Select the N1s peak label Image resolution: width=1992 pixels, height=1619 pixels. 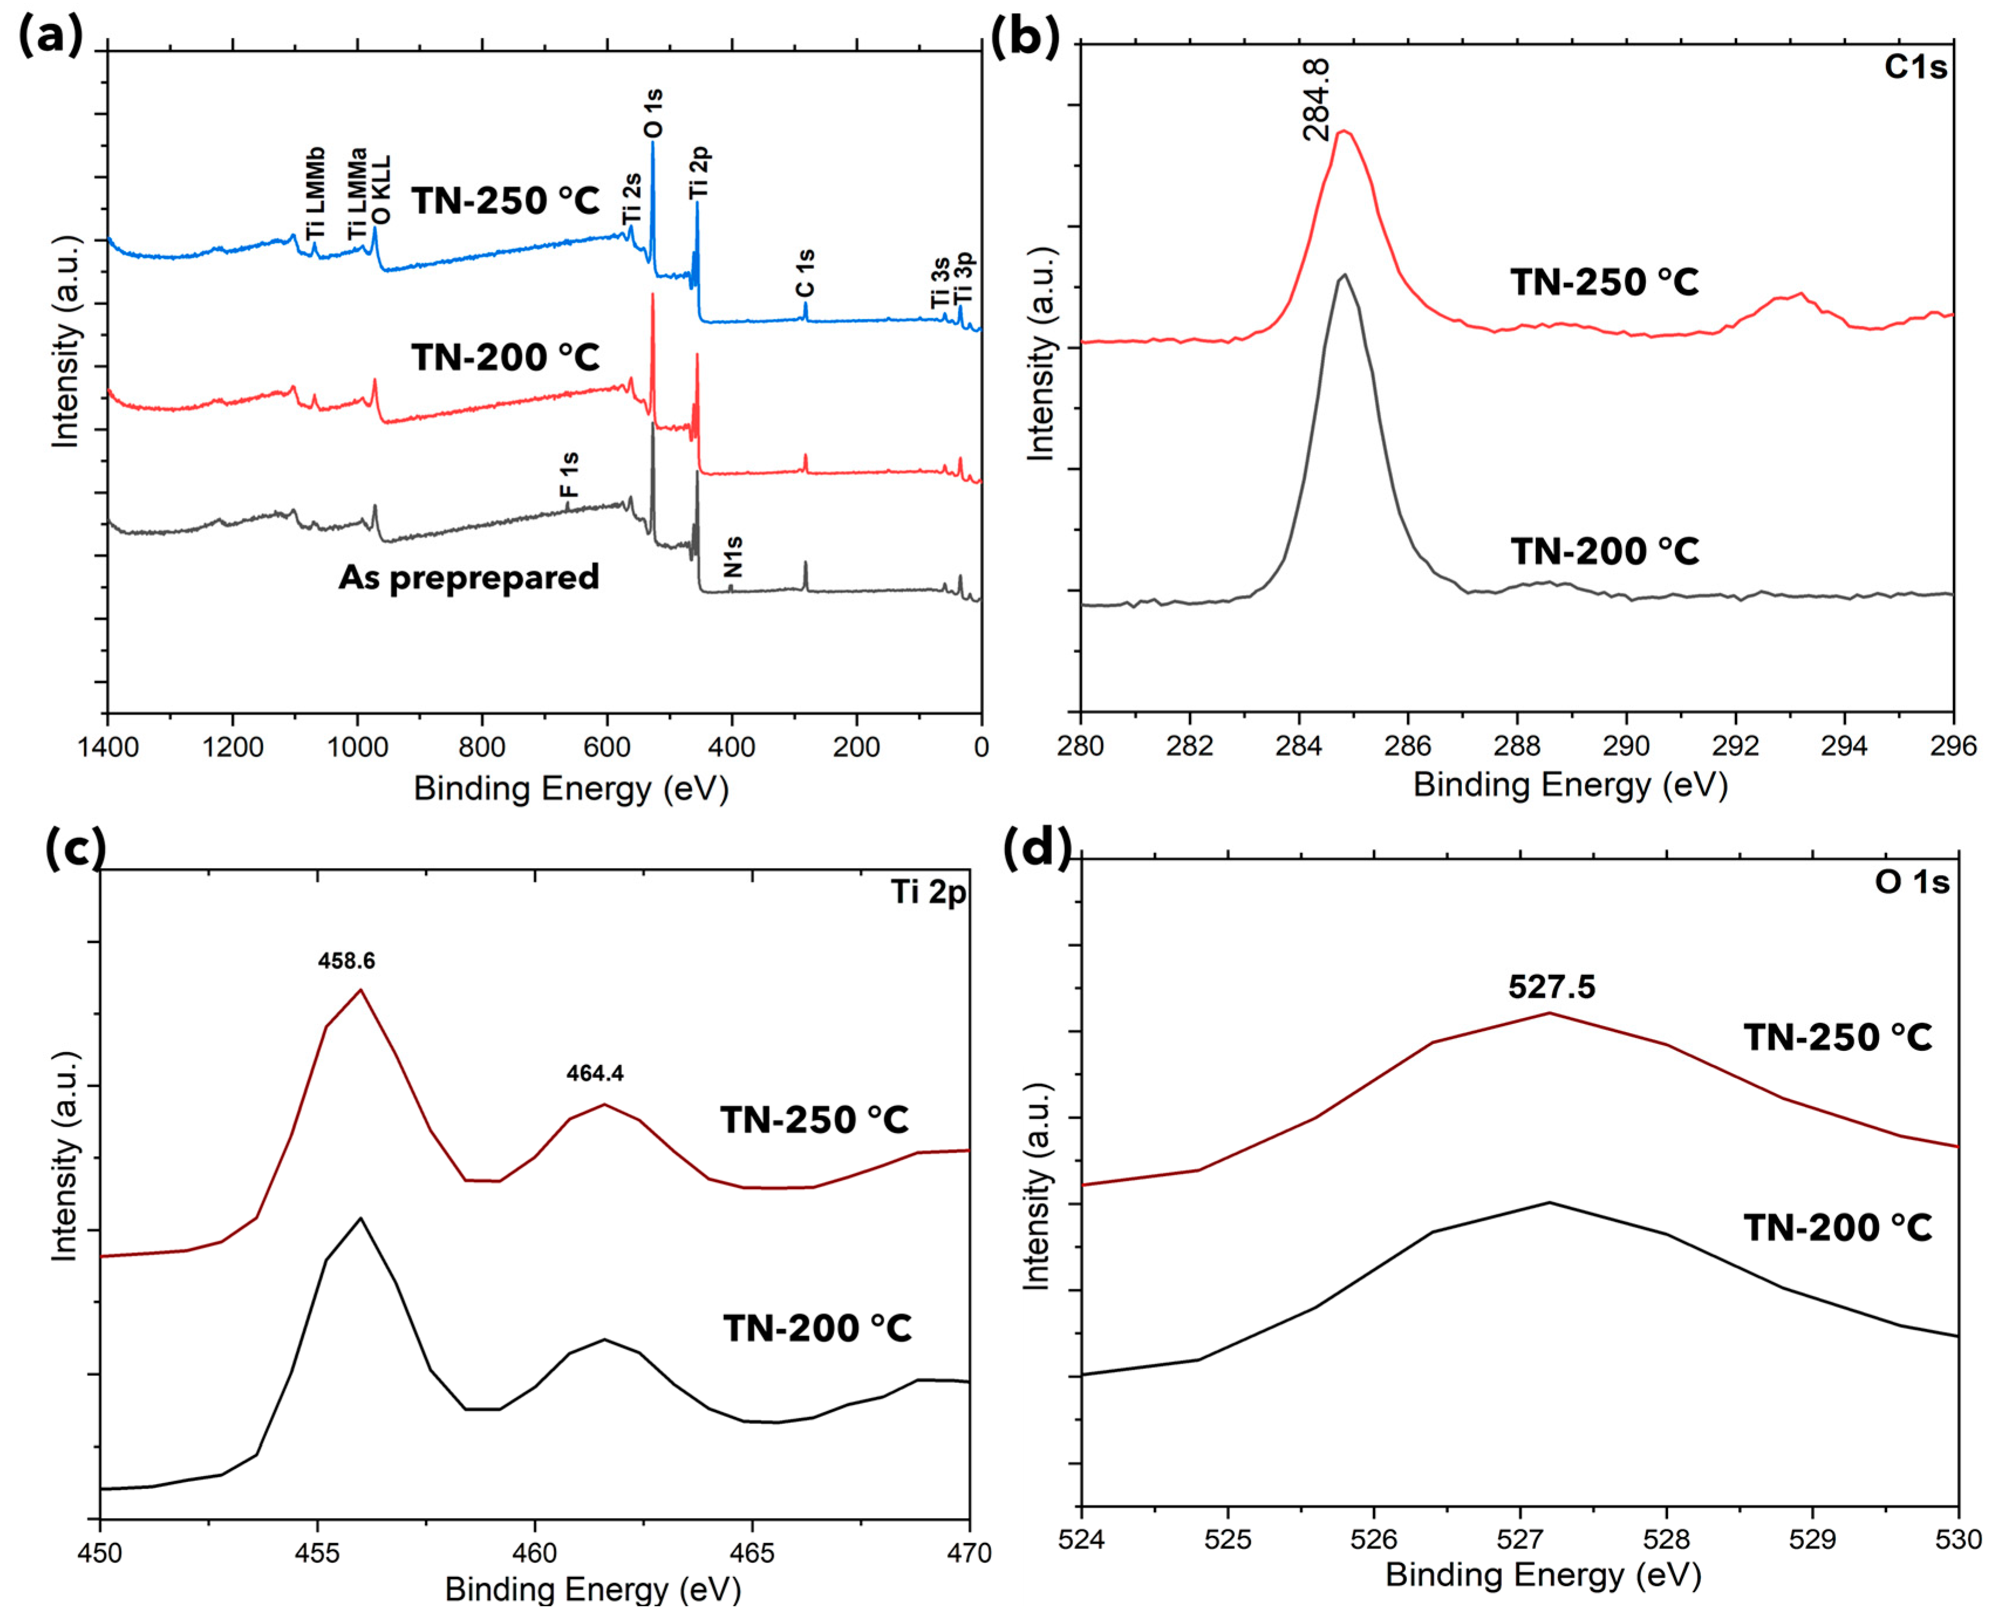(733, 557)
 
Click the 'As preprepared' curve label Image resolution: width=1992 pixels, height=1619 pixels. (468, 578)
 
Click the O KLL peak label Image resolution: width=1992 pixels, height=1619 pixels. (381, 191)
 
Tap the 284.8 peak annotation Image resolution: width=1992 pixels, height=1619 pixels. (1316, 100)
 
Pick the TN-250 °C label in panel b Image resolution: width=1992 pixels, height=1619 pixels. (1605, 282)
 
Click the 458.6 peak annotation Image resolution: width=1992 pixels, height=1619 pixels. (346, 961)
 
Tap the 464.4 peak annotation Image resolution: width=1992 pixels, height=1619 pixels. (595, 1074)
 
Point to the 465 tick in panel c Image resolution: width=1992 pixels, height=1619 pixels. (751, 1554)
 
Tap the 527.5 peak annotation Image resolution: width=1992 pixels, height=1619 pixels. (1552, 987)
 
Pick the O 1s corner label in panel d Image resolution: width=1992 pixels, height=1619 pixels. (1912, 882)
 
